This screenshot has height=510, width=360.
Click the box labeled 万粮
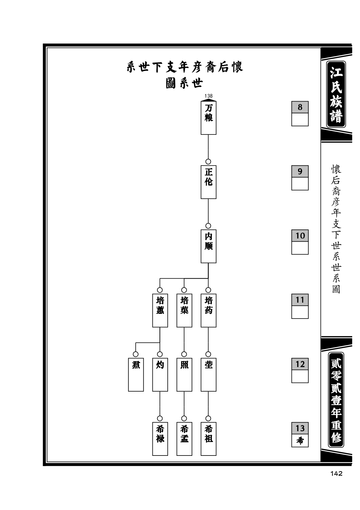(x=208, y=118)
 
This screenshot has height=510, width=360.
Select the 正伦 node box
(x=208, y=182)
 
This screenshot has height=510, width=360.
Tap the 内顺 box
(x=208, y=246)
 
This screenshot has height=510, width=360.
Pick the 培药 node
(x=208, y=310)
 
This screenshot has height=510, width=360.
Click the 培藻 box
(x=184, y=310)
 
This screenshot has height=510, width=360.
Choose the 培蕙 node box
(x=160, y=310)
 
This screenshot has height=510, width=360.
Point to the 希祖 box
(x=208, y=439)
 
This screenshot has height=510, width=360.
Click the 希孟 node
(x=184, y=439)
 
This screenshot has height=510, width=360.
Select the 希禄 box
(x=160, y=439)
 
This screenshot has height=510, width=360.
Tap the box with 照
(x=184, y=375)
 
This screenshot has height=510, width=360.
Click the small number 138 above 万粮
(x=208, y=96)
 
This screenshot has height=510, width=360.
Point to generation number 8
(x=300, y=107)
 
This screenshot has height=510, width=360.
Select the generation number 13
(x=300, y=428)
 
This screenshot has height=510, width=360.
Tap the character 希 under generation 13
(x=300, y=441)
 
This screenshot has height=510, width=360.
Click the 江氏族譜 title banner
(x=336, y=94)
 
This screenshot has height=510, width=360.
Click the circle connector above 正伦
(x=208, y=162)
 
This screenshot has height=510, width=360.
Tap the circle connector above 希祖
(x=208, y=418)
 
